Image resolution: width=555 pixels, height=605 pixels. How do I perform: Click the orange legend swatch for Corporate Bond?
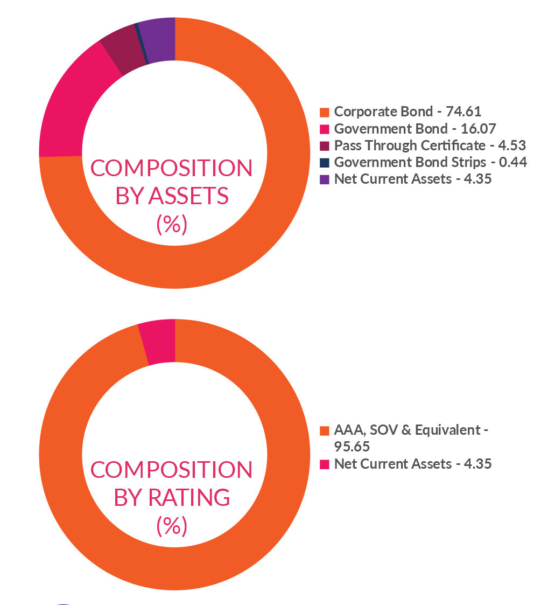tap(324, 112)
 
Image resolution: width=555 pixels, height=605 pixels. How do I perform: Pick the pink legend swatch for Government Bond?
tap(324, 129)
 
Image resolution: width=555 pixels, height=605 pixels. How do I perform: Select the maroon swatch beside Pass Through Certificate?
tap(324, 146)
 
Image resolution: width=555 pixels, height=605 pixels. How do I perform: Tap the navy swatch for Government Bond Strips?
tap(324, 163)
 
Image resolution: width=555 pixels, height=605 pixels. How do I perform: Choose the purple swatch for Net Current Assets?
tap(324, 179)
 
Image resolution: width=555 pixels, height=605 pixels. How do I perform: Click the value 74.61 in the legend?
tap(463, 112)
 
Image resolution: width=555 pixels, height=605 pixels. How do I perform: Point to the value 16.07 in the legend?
tap(479, 129)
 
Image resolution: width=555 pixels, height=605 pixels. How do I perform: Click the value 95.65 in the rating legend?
tap(352, 447)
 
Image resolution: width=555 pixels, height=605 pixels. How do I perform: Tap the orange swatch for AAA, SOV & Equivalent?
tap(324, 431)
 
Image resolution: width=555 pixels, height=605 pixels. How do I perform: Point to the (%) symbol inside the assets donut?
tap(171, 224)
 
